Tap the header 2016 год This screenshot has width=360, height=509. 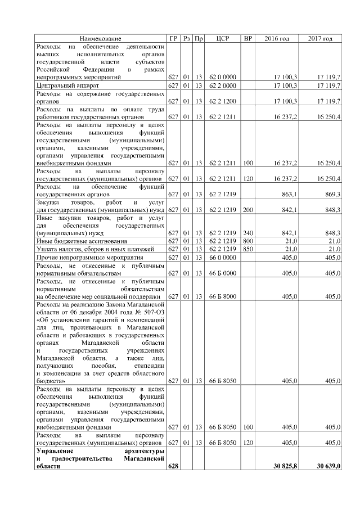click(277, 38)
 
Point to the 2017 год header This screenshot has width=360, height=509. click(320, 38)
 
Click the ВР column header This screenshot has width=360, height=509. click(247, 38)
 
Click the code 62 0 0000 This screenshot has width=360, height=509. click(222, 75)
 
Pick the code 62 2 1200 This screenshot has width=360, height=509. click(222, 101)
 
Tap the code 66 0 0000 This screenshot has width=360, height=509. click(222, 257)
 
